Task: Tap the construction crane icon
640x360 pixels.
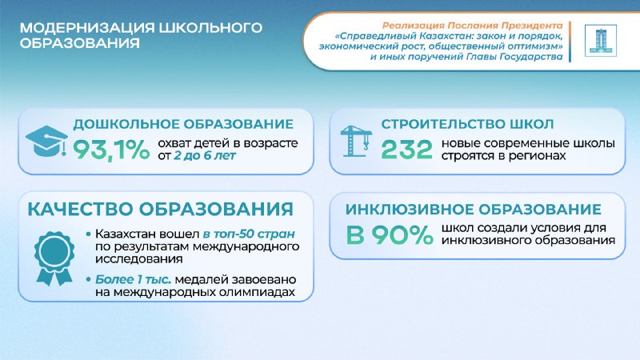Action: point(354,142)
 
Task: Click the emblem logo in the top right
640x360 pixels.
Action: point(596,41)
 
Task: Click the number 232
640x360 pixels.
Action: point(406,149)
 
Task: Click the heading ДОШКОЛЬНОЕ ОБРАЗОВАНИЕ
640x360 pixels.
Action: point(183,124)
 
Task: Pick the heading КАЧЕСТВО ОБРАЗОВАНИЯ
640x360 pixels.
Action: point(160,210)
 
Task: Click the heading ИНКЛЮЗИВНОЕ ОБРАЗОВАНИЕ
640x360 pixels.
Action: point(473,210)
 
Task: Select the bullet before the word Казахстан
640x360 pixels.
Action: point(87,234)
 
